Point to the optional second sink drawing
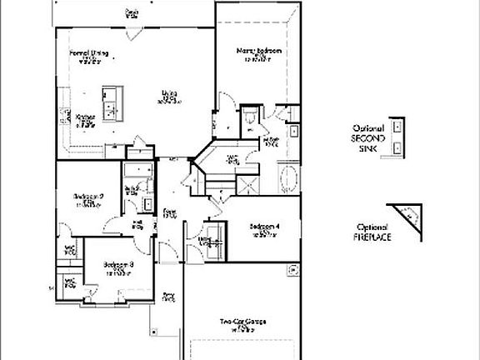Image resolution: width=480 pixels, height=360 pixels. point(398,136)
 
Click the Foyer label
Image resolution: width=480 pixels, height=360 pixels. point(169,212)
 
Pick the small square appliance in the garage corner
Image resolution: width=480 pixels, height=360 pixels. point(292,269)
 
